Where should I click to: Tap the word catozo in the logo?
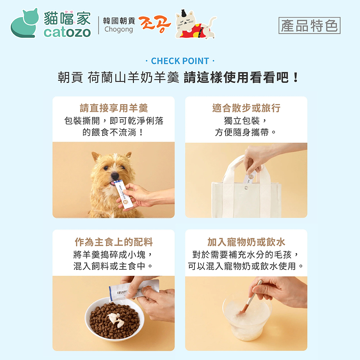click(x=67, y=32)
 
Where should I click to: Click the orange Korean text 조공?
click(x=155, y=24)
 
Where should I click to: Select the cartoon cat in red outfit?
click(x=195, y=25)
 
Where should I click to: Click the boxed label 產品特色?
click(x=309, y=26)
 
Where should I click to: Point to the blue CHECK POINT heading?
click(x=180, y=61)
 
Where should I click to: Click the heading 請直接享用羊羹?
click(x=114, y=108)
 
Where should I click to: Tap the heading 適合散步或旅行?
click(x=246, y=108)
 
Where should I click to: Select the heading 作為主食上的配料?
click(x=114, y=242)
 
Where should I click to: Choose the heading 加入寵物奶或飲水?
click(x=246, y=242)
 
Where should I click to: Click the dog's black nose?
click(x=114, y=176)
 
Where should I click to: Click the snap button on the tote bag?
click(x=246, y=188)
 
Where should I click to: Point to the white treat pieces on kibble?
click(x=116, y=319)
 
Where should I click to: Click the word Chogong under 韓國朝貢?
click(x=118, y=30)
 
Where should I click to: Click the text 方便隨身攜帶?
click(x=242, y=132)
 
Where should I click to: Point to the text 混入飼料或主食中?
click(x=109, y=266)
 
